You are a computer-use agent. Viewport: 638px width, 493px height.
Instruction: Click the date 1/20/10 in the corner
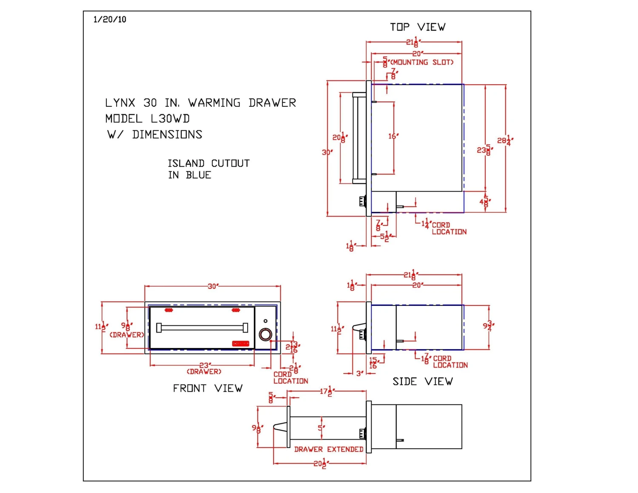click(x=110, y=19)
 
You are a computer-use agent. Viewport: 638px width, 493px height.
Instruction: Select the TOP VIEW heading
click(x=418, y=27)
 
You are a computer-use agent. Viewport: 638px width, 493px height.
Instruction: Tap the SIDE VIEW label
click(x=422, y=382)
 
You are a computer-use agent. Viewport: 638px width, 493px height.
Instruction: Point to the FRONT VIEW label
click(x=208, y=388)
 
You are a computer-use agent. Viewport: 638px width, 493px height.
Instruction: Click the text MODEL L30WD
click(x=147, y=119)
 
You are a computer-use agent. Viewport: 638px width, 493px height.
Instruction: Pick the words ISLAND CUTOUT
click(x=208, y=163)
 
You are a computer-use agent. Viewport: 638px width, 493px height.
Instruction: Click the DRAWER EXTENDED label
click(x=328, y=449)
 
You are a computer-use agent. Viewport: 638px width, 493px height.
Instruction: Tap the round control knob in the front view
click(x=265, y=334)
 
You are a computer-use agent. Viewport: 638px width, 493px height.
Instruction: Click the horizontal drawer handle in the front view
click(x=202, y=328)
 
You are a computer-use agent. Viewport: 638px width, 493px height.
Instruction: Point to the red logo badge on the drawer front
click(x=240, y=343)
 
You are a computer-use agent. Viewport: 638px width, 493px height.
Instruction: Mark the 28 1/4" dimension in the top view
click(x=505, y=140)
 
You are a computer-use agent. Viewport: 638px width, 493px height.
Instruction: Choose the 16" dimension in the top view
click(x=393, y=136)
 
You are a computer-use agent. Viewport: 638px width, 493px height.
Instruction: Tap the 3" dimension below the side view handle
click(x=360, y=373)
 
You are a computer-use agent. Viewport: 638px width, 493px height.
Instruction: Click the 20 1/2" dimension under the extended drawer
click(x=320, y=463)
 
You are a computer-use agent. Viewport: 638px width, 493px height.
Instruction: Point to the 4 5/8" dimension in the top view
click(x=485, y=201)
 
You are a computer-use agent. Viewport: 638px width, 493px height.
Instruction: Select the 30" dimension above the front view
click(x=213, y=286)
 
